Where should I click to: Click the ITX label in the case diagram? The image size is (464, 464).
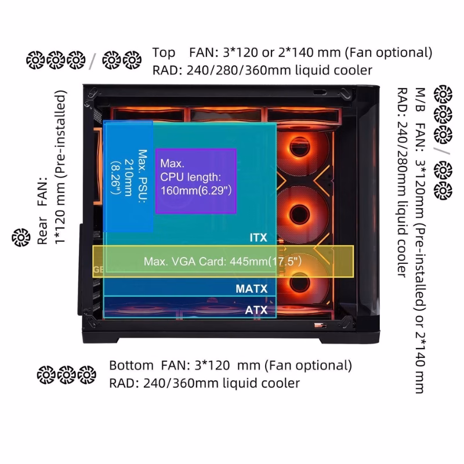click(x=258, y=238)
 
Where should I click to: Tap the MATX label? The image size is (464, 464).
click(x=252, y=288)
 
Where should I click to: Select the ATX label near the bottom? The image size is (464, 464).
click(x=256, y=310)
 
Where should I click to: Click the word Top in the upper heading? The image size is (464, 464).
click(x=164, y=53)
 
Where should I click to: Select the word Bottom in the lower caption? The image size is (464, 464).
click(x=131, y=366)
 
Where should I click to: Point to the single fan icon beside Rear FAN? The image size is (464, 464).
click(x=21, y=237)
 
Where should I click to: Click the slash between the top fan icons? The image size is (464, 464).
click(x=92, y=59)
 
